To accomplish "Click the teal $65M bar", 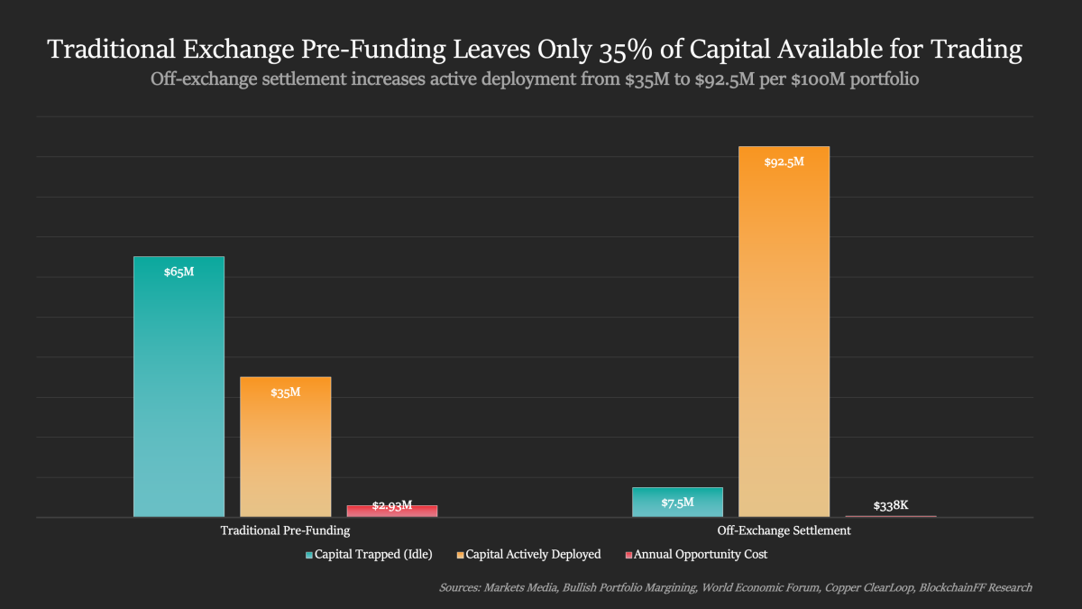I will click(x=179, y=388).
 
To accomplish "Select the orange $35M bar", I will click(x=285, y=447).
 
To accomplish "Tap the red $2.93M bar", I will click(x=392, y=511).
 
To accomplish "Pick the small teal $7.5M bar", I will click(x=677, y=503).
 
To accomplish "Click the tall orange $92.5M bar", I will click(x=784, y=334).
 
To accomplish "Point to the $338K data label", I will click(x=890, y=506).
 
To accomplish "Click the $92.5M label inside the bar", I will click(x=784, y=162).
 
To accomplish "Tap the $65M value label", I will click(x=179, y=272).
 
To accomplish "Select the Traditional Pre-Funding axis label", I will click(x=285, y=531).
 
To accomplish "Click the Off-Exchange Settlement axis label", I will click(x=784, y=531).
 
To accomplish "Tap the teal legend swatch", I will click(x=309, y=554).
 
